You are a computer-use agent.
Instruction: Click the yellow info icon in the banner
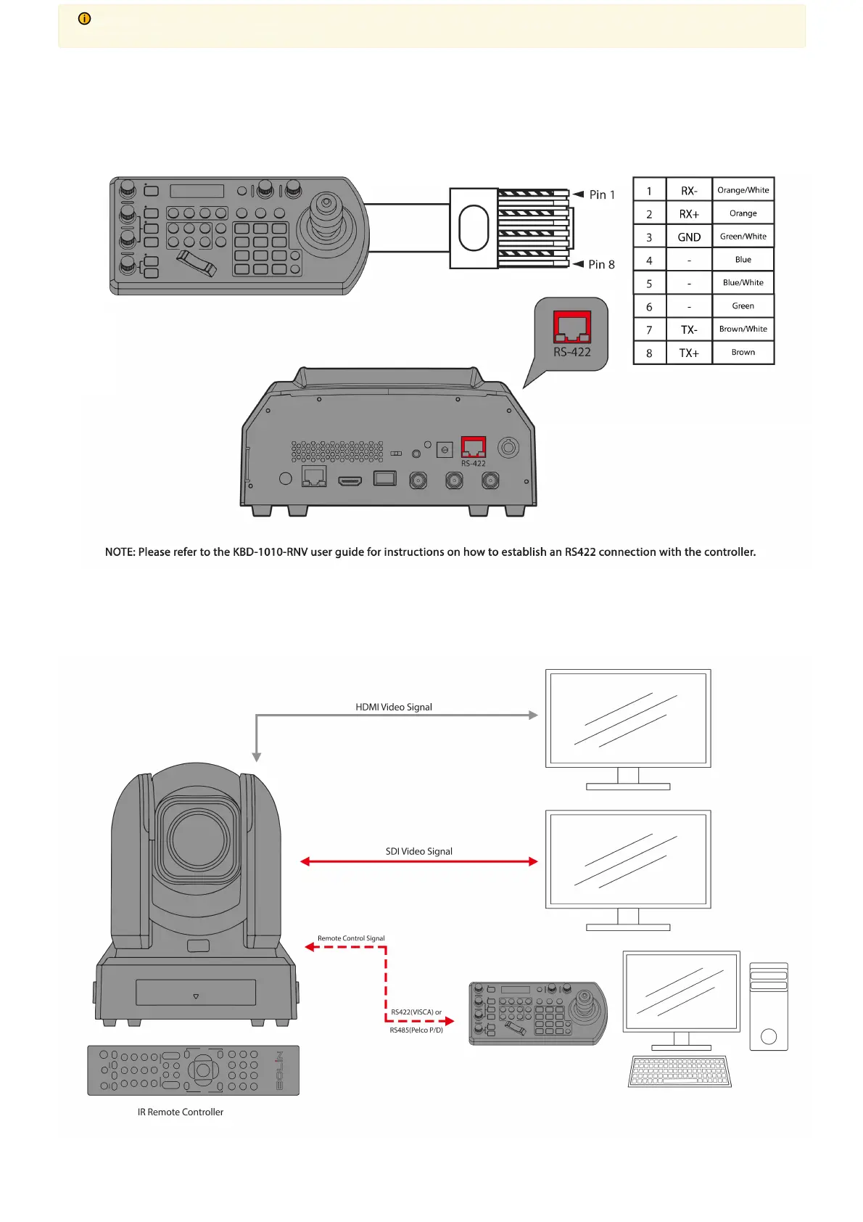85,19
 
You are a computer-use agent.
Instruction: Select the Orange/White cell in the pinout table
743,190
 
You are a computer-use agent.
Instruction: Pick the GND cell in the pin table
689,237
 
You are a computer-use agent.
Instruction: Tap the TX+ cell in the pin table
689,353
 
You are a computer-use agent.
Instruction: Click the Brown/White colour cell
743,329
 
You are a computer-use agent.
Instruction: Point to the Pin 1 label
602,194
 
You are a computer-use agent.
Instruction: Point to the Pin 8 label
601,264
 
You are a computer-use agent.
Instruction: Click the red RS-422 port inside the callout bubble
572,327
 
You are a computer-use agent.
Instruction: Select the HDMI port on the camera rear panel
350,481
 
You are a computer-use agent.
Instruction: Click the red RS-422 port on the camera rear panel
474,447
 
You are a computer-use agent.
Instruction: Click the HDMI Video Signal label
394,707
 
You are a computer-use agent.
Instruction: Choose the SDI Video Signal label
418,851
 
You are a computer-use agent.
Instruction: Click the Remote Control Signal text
351,938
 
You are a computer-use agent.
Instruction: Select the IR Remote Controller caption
181,1112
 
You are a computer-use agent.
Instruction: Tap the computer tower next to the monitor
768,1006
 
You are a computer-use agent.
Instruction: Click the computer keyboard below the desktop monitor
680,1072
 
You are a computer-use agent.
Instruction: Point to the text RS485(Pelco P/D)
416,1030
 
